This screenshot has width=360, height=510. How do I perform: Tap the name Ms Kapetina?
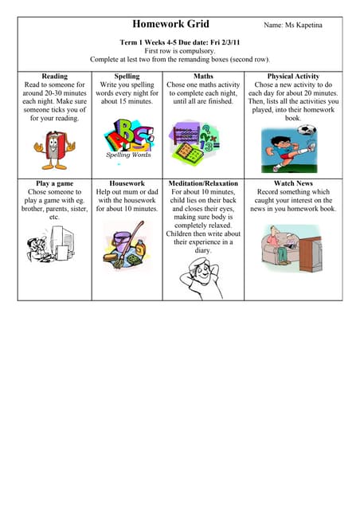point(294,25)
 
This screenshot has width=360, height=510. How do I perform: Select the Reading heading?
point(54,76)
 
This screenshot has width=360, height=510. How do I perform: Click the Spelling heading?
point(127,76)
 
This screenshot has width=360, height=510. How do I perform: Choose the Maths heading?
point(203,76)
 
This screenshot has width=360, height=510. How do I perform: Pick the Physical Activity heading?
point(293,76)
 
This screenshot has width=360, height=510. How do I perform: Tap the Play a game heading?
point(54,183)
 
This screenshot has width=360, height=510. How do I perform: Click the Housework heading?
point(127,183)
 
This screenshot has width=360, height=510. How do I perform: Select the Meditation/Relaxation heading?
point(203,183)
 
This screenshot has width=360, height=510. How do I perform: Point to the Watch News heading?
point(293,183)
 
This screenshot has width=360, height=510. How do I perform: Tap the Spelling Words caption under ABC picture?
point(128,155)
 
